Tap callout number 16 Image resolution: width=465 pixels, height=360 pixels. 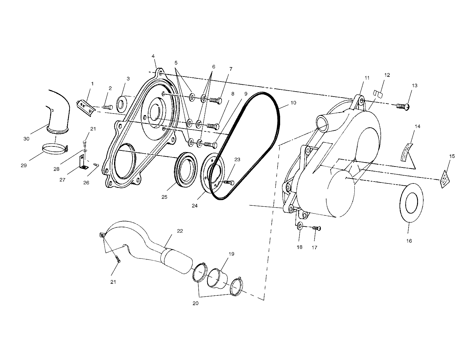pyautogui.click(x=409, y=241)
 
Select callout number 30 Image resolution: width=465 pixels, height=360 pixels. pyautogui.click(x=26, y=138)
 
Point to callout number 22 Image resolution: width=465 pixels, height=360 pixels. pyautogui.click(x=180, y=231)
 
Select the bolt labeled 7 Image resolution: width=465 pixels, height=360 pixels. pyautogui.click(x=215, y=100)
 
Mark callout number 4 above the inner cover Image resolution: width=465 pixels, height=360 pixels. pyautogui.click(x=153, y=56)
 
